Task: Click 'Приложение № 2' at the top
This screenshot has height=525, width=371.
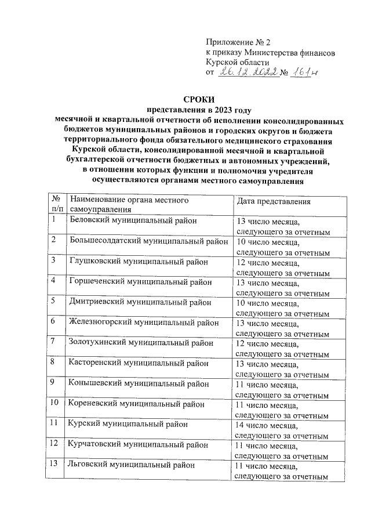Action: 238,42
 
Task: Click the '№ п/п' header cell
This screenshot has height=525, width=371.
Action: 57,204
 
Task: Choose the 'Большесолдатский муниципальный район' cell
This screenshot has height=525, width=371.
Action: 148,241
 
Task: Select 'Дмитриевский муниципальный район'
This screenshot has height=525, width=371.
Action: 140,302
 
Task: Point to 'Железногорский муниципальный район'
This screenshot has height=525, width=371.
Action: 144,323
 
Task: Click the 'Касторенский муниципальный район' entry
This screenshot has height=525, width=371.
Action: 138,363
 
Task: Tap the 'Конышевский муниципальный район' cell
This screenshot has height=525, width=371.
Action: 138,383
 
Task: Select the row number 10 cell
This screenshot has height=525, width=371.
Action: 57,404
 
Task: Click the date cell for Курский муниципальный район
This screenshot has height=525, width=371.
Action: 282,429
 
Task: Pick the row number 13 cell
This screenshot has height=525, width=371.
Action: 57,465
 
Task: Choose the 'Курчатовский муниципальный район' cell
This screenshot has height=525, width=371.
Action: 139,444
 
